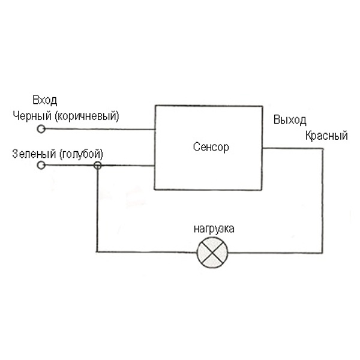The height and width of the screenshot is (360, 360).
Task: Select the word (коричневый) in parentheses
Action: tap(86, 116)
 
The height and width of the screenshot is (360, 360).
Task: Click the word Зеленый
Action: tap(34, 153)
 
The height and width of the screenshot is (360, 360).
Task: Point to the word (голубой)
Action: tap(81, 153)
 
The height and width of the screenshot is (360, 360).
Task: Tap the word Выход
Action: tap(289, 119)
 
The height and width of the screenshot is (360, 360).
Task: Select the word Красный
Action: tap(326, 136)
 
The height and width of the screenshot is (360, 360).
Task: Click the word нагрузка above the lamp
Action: tap(213, 229)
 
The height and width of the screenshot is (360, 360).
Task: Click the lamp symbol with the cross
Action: tap(212, 252)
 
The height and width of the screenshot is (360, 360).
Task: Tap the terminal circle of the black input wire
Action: tap(41, 129)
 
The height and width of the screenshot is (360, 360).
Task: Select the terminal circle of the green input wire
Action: tap(41, 165)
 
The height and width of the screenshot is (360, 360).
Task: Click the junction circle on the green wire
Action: tap(97, 165)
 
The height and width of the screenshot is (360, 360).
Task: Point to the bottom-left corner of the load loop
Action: tap(97, 252)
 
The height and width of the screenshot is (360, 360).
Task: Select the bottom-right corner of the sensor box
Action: tap(262, 190)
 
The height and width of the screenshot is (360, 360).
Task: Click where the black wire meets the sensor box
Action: tap(155, 129)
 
